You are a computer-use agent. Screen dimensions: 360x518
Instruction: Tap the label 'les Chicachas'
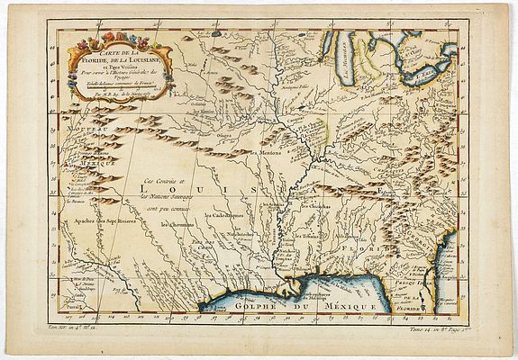[315, 205]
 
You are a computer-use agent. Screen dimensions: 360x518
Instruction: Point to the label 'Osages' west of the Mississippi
[223, 135]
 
